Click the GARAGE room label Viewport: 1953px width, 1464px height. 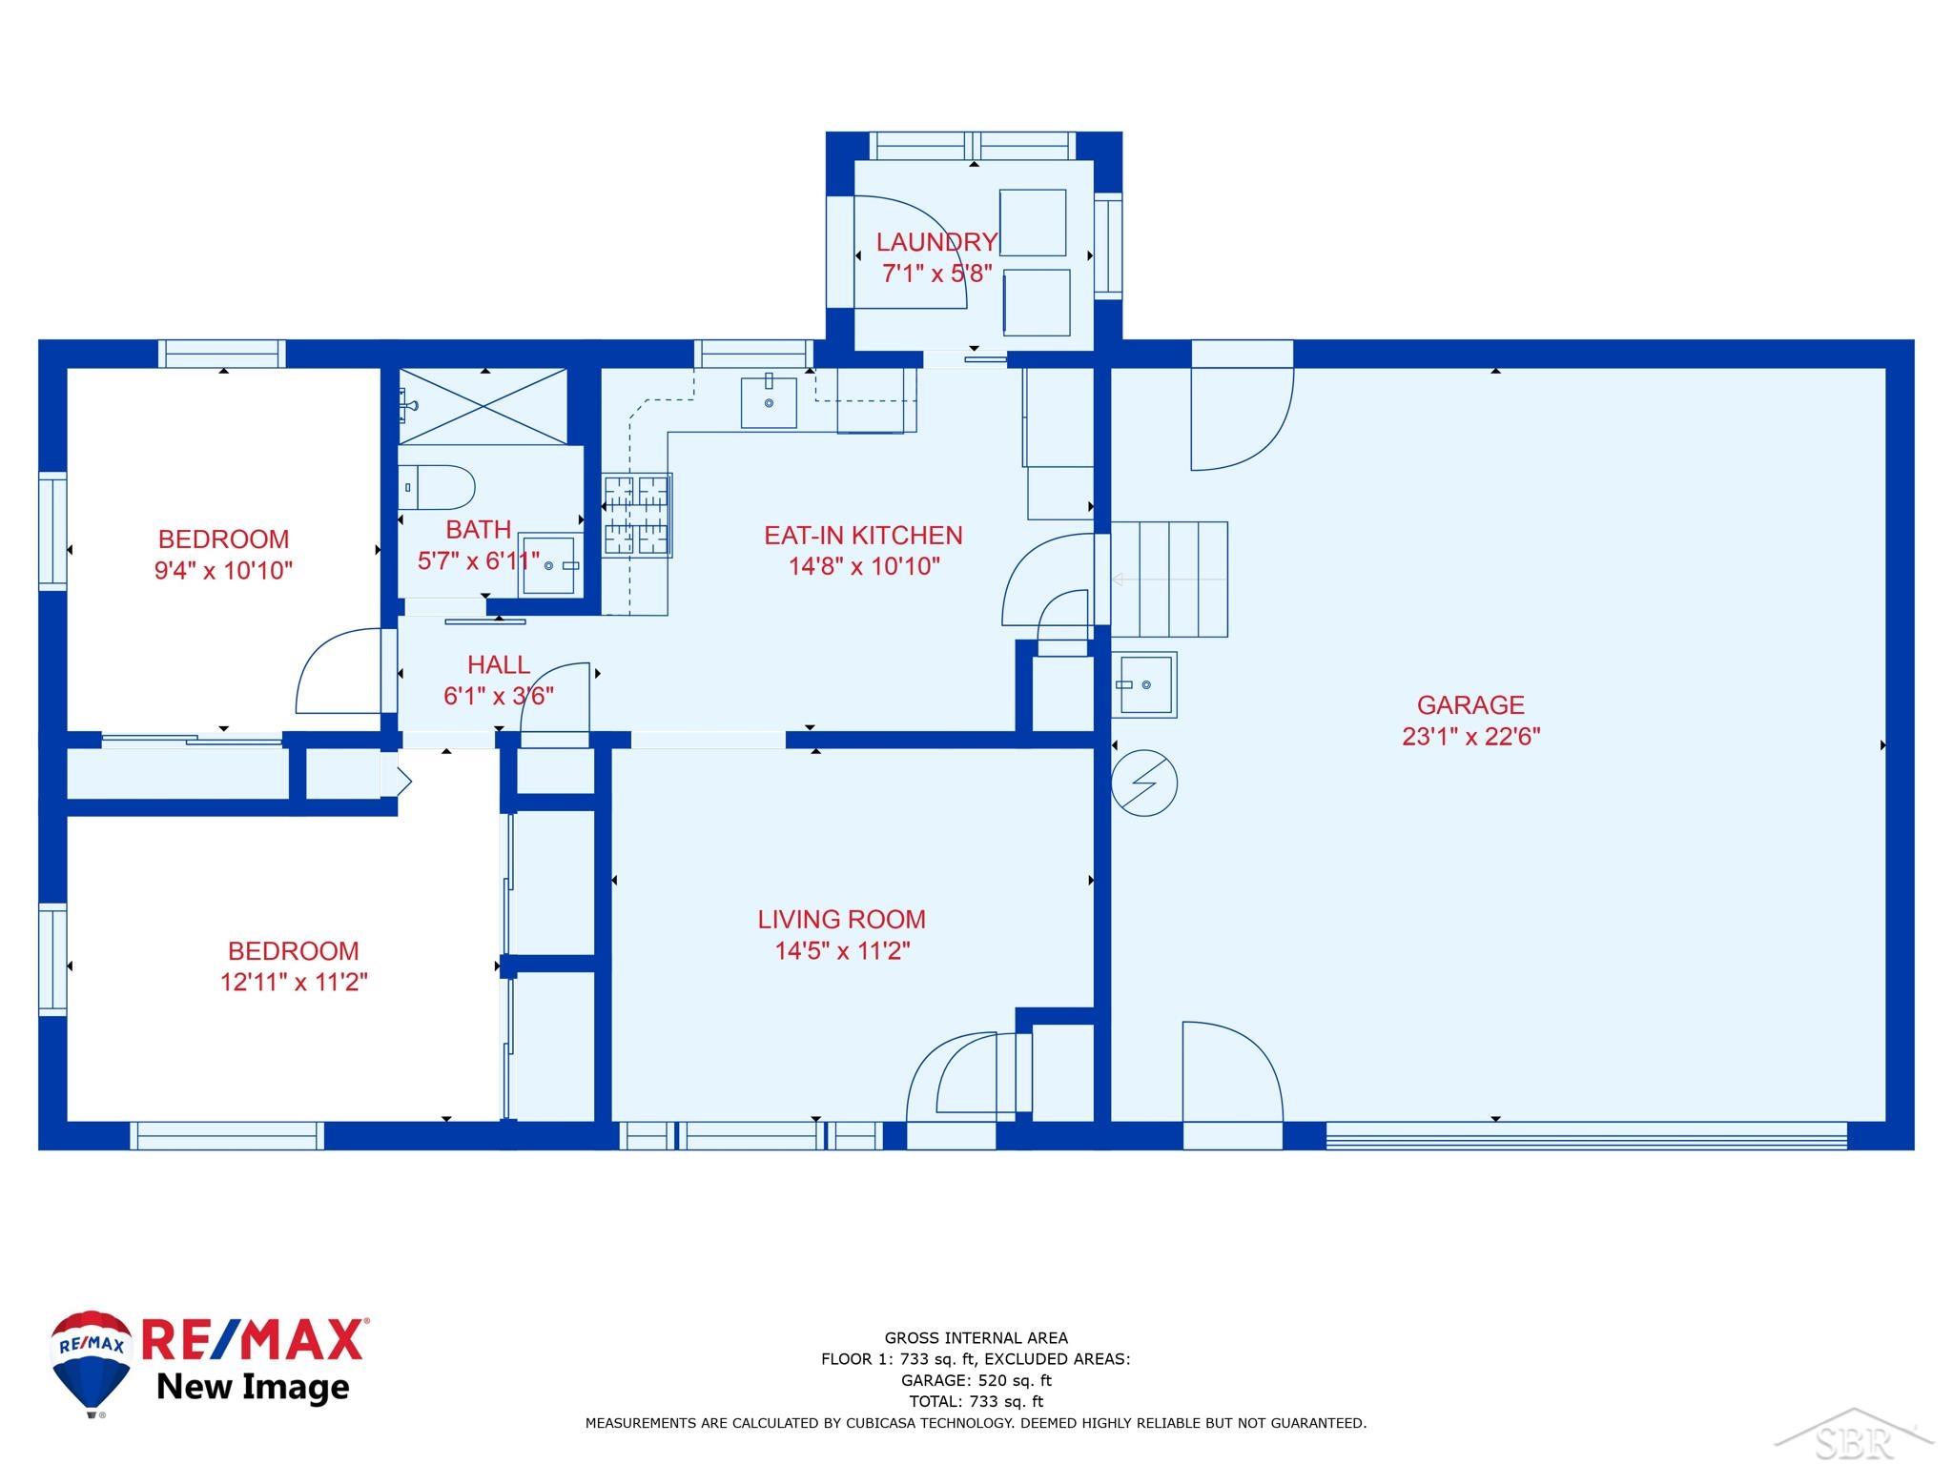[1470, 705]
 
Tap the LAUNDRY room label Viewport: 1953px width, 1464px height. [936, 242]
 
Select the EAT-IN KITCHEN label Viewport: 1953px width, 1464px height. [863, 536]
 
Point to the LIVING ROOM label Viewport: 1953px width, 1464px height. [841, 920]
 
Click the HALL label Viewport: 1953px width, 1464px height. [499, 664]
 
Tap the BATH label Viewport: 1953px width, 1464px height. [479, 529]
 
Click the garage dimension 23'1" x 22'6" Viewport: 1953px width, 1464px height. [1470, 737]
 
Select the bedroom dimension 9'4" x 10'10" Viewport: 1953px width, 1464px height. [223, 571]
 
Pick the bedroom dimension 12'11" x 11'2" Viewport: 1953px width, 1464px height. [294, 982]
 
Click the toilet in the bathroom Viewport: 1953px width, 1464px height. [436, 487]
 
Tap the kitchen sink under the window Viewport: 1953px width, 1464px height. [769, 402]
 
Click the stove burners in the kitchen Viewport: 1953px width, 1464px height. [637, 515]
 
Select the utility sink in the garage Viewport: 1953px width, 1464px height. [1144, 683]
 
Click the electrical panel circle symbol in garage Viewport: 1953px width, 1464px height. [1144, 783]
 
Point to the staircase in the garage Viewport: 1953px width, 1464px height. [1169, 579]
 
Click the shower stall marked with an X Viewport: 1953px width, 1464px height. [483, 406]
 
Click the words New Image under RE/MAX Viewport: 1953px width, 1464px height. [253, 1386]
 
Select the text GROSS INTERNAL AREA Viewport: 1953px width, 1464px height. [976, 1338]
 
